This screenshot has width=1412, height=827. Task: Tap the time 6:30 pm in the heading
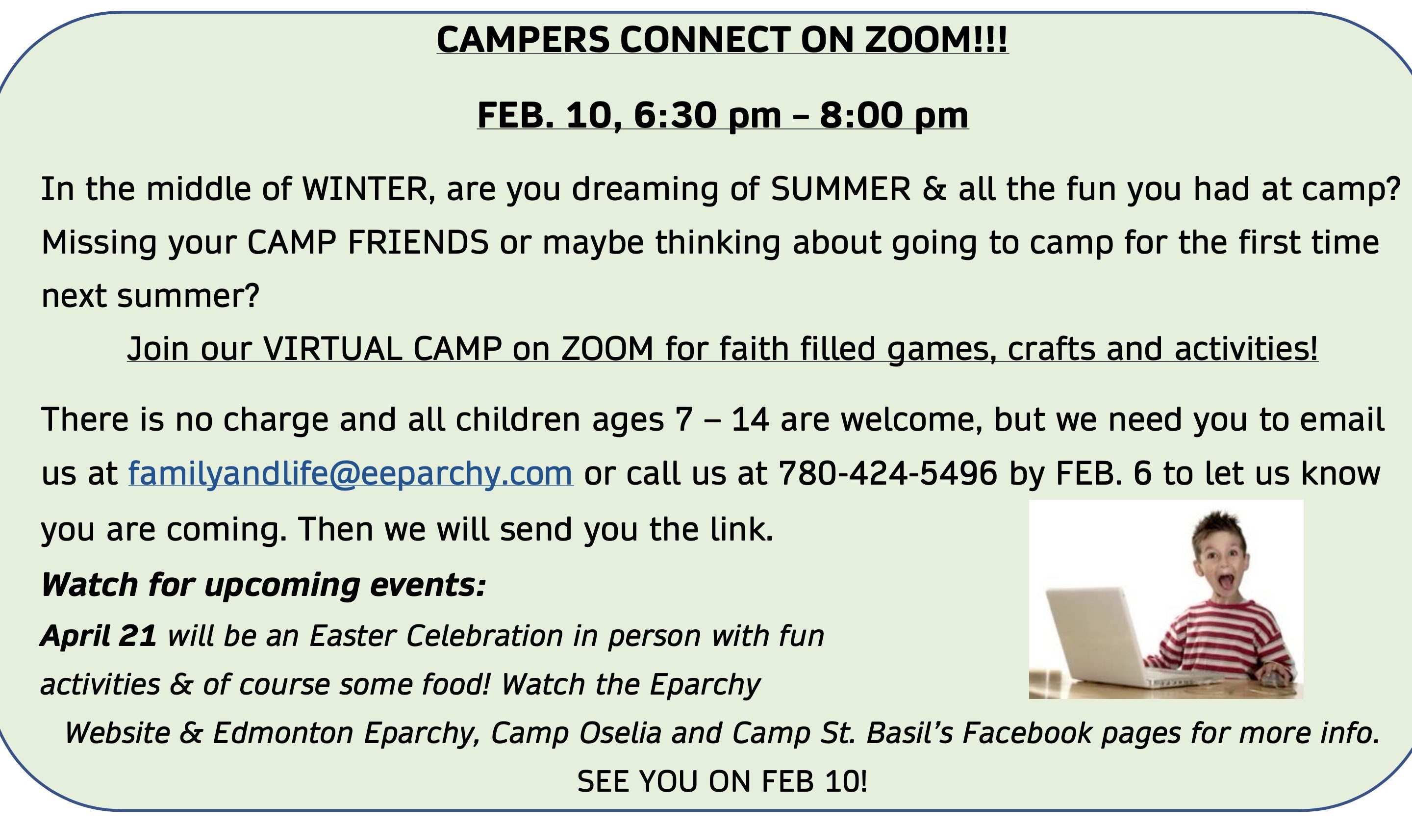(707, 115)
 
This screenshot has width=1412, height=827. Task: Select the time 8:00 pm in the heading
(894, 115)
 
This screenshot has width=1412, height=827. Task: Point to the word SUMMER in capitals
(840, 189)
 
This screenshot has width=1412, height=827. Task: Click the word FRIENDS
(418, 243)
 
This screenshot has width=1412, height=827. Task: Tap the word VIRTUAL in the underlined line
(332, 349)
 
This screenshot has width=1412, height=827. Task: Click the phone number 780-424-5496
(888, 473)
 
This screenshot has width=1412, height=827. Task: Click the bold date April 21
(99, 636)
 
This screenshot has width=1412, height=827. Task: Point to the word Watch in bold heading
(90, 585)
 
